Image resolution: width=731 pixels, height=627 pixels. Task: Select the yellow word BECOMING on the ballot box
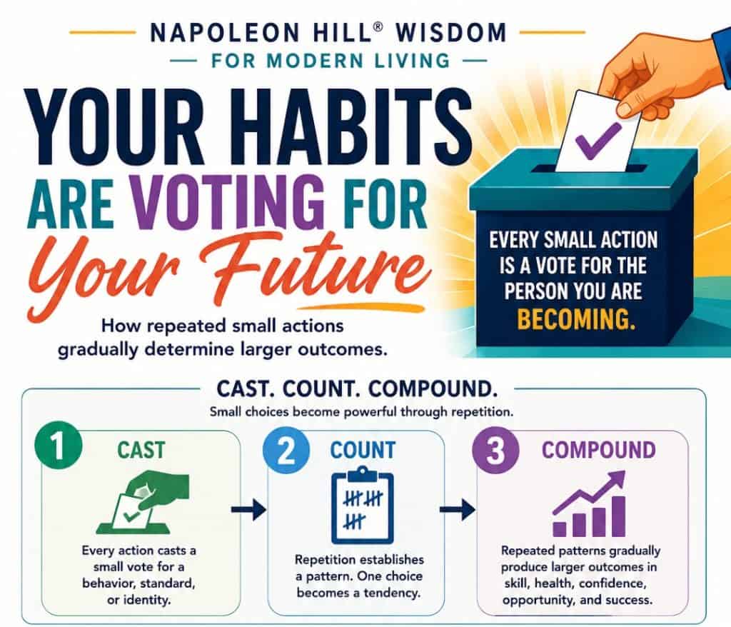point(576,319)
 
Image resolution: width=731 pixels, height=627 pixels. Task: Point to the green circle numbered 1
point(59,447)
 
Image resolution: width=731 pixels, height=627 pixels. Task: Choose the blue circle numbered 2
point(286,451)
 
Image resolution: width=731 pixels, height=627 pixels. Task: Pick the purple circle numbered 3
point(495,451)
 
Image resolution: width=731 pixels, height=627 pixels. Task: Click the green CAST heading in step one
point(141,450)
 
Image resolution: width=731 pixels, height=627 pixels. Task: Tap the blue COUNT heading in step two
point(363,450)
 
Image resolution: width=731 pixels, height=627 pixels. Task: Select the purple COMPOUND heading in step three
point(599,450)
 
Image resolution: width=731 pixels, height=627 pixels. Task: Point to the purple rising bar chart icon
point(588,504)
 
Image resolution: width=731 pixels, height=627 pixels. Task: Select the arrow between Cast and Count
point(248,509)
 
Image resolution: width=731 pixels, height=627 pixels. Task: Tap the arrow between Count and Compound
point(458,509)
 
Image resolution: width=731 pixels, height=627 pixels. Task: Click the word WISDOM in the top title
point(451,33)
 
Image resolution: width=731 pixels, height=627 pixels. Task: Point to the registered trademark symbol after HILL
point(378,26)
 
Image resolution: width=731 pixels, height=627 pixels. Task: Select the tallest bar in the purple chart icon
point(617,516)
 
